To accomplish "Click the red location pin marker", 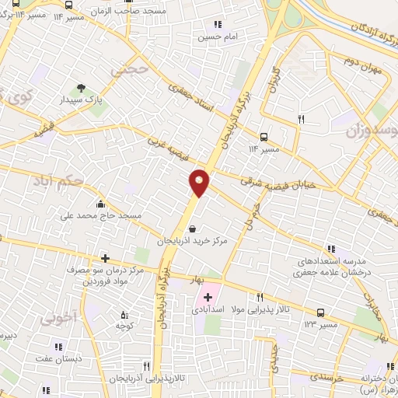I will point(200,183).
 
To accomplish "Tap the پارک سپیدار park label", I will point(84,101).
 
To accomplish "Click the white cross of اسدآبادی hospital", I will point(208,297).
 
